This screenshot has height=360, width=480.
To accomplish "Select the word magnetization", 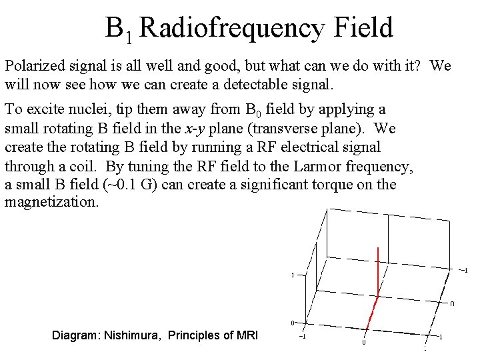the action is [x=51, y=203].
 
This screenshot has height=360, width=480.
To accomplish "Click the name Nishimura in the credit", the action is [x=129, y=335].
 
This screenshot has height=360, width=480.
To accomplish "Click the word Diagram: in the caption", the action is [x=75, y=335].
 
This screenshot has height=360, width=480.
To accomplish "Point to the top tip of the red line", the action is [x=379, y=248].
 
